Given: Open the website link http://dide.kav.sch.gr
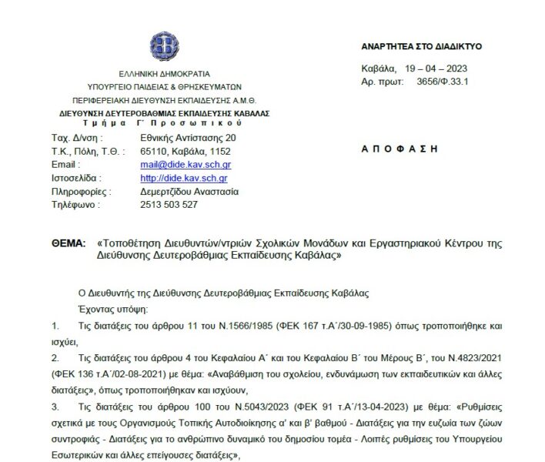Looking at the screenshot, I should coord(178,178).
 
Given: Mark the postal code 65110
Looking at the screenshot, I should coord(154,151).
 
